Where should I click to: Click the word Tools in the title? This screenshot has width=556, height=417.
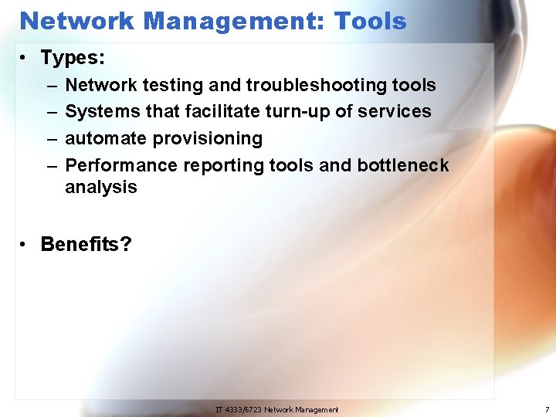[370, 21]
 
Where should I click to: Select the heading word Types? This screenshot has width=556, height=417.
[73, 57]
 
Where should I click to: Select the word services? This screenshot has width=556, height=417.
[396, 111]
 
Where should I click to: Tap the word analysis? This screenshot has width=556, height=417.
[101, 187]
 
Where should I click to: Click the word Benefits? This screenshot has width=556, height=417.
[86, 245]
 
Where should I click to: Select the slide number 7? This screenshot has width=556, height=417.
[547, 409]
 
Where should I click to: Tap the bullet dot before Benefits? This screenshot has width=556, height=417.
[25, 245]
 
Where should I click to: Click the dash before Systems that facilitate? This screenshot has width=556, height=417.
[50, 111]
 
